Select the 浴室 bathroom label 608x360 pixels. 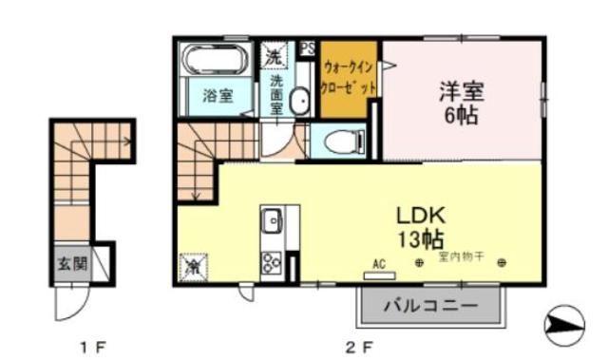218,95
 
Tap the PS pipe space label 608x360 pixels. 308,47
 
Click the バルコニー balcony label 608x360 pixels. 429,306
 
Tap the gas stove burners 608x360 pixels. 271,260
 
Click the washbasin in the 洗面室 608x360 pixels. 299,102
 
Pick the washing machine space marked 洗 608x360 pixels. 274,56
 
